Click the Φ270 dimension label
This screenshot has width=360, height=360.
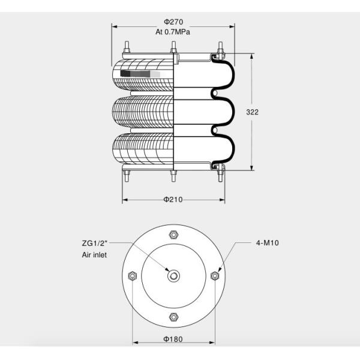173,22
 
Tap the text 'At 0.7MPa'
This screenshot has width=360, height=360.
173,32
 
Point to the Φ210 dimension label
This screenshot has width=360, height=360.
173,199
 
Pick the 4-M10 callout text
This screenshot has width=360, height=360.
268,243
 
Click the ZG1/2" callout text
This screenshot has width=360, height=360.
95,244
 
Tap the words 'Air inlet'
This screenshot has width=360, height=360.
95,255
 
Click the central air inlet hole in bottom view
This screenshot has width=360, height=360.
173,275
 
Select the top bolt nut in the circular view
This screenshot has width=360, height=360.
173,235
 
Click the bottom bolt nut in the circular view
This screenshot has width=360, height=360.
173,316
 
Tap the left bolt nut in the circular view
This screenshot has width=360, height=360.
133,275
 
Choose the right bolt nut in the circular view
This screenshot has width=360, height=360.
215,275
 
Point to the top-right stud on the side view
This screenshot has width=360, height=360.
220,47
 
